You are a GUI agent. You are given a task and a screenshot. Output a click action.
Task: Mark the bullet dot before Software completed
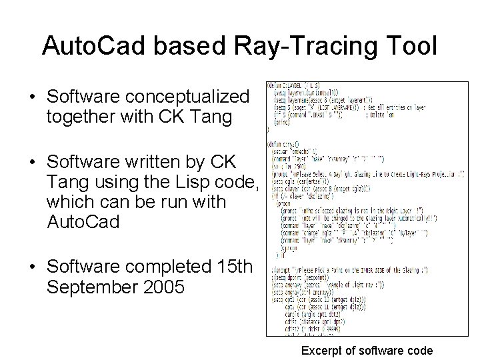(33, 267)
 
